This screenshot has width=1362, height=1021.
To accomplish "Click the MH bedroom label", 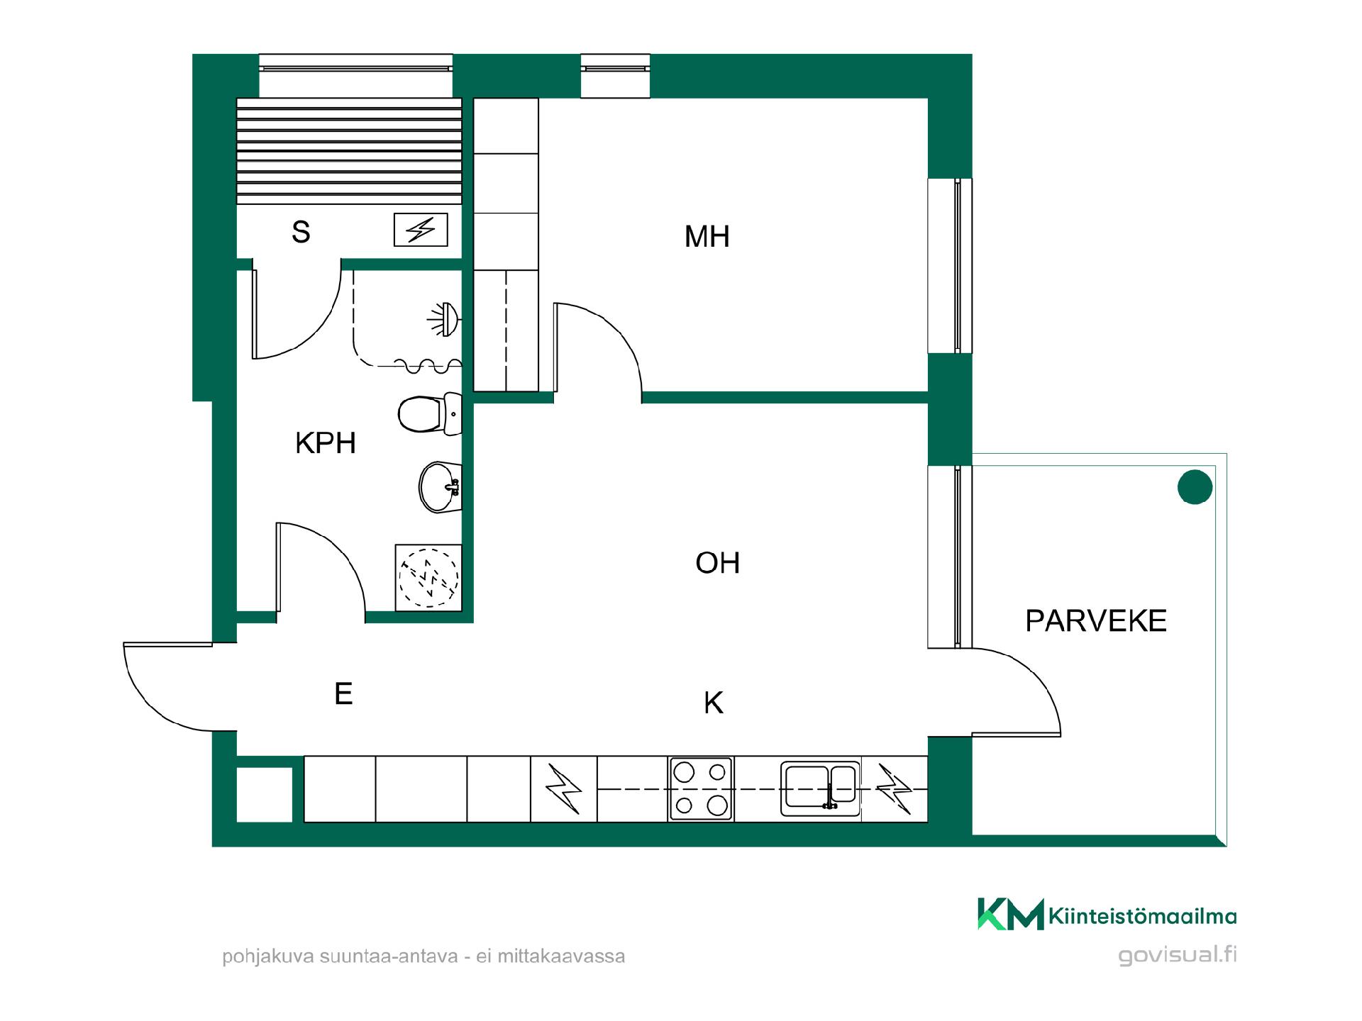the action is [707, 237].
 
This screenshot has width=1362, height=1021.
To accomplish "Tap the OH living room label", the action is [718, 563].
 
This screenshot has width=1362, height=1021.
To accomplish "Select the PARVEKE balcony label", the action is [1096, 621].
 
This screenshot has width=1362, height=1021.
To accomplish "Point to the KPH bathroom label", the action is [325, 443].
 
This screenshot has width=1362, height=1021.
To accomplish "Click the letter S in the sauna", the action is [301, 232].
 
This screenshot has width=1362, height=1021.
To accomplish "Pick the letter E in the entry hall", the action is [343, 693].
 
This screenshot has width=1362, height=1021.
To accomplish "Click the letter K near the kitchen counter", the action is [714, 703].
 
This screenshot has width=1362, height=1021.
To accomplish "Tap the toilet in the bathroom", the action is [430, 413].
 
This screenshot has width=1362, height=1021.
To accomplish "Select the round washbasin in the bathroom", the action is [440, 486].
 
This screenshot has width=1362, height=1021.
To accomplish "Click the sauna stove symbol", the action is [421, 230].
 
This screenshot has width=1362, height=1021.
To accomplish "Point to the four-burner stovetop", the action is [701, 788].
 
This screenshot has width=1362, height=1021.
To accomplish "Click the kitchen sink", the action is [820, 788].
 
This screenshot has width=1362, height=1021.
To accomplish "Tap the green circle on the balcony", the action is [1195, 487].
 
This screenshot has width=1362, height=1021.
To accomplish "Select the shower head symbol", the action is [445, 319].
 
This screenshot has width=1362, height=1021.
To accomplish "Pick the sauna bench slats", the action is [349, 151].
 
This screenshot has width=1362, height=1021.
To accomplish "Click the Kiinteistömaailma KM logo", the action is [1107, 915].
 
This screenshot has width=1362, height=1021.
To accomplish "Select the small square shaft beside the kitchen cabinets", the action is [264, 794].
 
